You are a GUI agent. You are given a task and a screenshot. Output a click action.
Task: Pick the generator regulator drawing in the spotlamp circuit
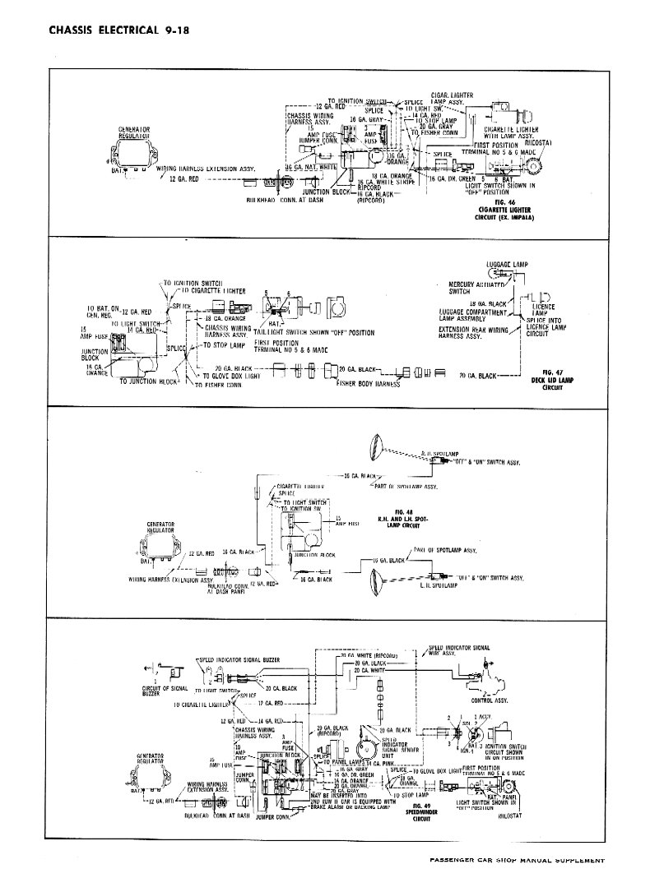point(161,548)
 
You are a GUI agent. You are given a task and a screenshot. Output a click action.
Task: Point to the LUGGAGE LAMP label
point(507,265)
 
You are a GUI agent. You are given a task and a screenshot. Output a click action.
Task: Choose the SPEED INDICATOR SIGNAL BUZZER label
point(236,660)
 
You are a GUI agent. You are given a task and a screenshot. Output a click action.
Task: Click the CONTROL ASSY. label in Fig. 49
point(487,701)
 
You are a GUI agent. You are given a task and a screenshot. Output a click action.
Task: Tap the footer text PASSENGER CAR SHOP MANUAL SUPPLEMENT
point(518,861)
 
